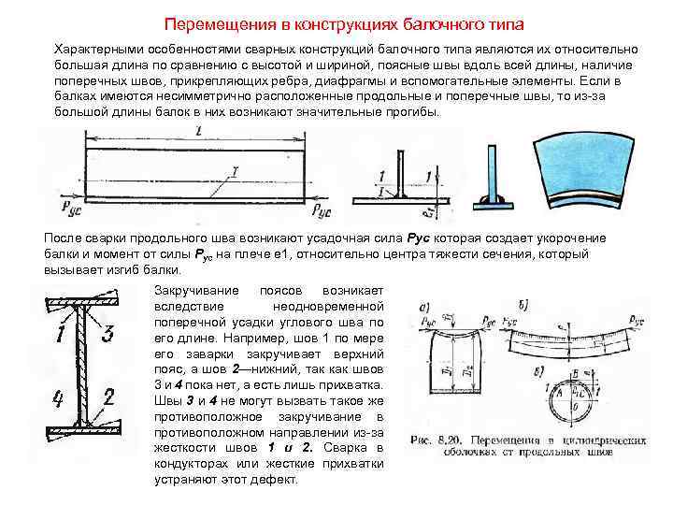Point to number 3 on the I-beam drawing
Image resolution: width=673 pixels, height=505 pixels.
(107, 333)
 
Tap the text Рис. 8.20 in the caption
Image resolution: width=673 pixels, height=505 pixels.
(436, 440)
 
